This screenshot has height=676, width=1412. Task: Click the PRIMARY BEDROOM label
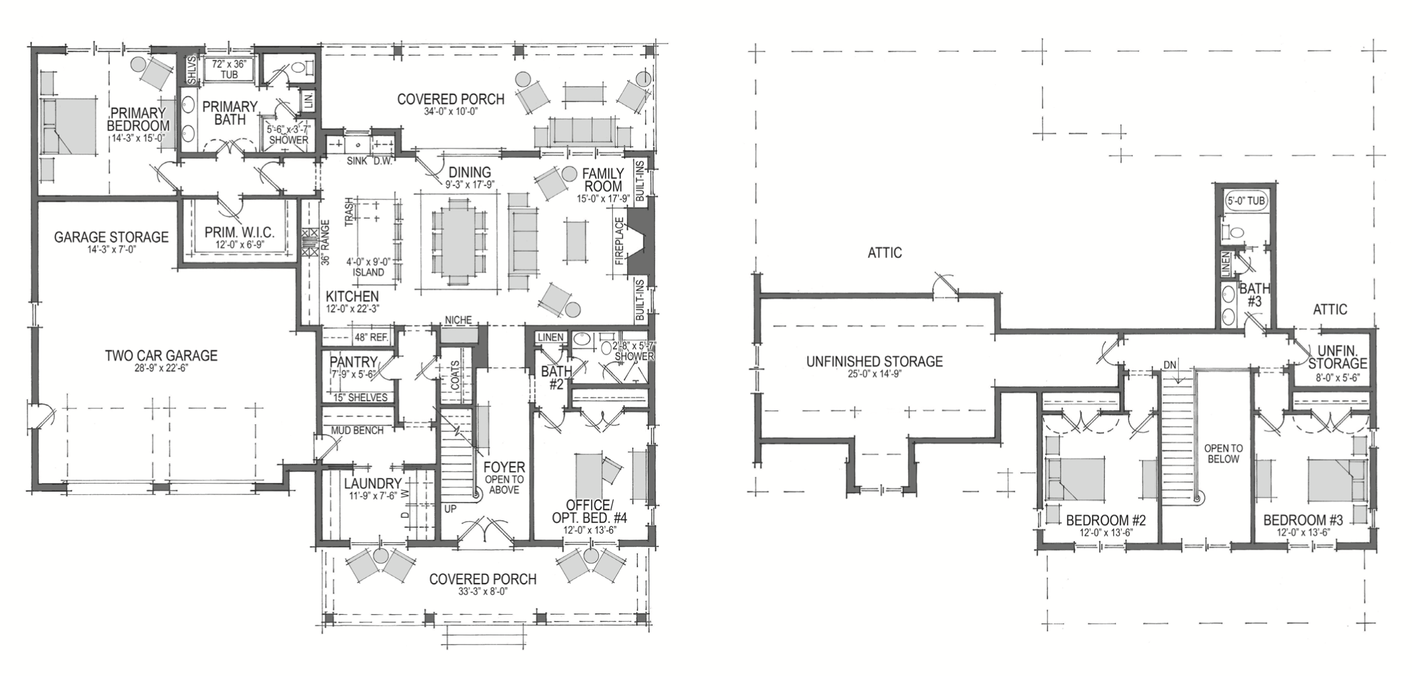(138, 119)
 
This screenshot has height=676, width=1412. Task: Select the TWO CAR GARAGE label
(161, 355)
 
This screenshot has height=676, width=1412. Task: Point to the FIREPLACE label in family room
(620, 241)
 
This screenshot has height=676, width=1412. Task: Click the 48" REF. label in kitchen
(371, 337)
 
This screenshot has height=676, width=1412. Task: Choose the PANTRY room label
(353, 362)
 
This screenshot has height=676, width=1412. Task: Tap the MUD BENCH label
(357, 430)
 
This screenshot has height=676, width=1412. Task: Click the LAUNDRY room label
(372, 483)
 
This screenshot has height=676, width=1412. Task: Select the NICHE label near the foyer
(458, 321)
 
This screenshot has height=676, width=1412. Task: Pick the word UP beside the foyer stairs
(450, 509)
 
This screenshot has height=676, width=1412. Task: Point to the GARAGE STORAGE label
(111, 237)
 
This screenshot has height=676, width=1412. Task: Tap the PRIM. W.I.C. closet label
(240, 232)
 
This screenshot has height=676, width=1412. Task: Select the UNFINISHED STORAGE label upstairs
(874, 361)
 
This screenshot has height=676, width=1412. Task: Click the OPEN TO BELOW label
(1224, 454)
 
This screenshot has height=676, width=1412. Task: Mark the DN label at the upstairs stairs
(1170, 364)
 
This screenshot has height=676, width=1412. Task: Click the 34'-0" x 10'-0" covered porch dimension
(450, 112)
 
